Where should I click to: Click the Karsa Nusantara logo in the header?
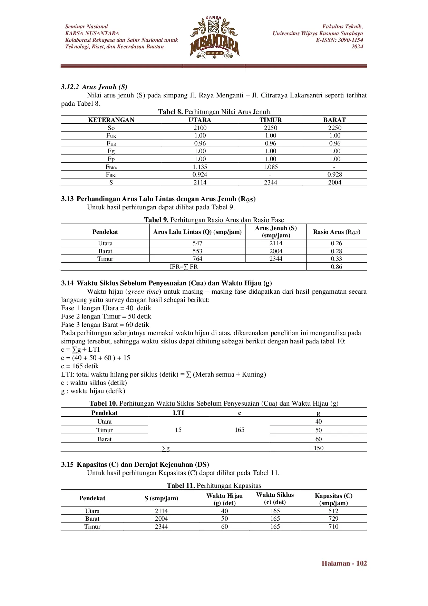[214, 37]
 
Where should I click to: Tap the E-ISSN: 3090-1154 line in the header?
[339, 40]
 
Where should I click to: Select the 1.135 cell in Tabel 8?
[200, 167]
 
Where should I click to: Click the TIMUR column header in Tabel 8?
[271, 120]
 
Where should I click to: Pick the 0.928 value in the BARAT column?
[334, 174]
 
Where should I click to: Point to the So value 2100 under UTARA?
[200, 128]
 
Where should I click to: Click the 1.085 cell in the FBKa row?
[271, 167]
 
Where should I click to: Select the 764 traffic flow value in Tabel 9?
[197, 259]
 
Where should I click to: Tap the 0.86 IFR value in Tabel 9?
[336, 267]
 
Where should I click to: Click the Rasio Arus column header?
[337, 232]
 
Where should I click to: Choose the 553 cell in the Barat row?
[197, 251]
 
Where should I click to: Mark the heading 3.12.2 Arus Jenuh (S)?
[94, 87]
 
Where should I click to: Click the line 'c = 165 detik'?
[80, 366]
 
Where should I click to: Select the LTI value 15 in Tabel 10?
[178, 430]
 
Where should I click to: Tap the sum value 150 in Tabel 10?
[319, 448]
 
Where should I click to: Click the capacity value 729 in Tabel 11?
[333, 519]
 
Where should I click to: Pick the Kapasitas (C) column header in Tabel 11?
[333, 499]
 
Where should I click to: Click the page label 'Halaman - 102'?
[344, 564]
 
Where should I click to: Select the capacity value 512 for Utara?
[333, 511]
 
